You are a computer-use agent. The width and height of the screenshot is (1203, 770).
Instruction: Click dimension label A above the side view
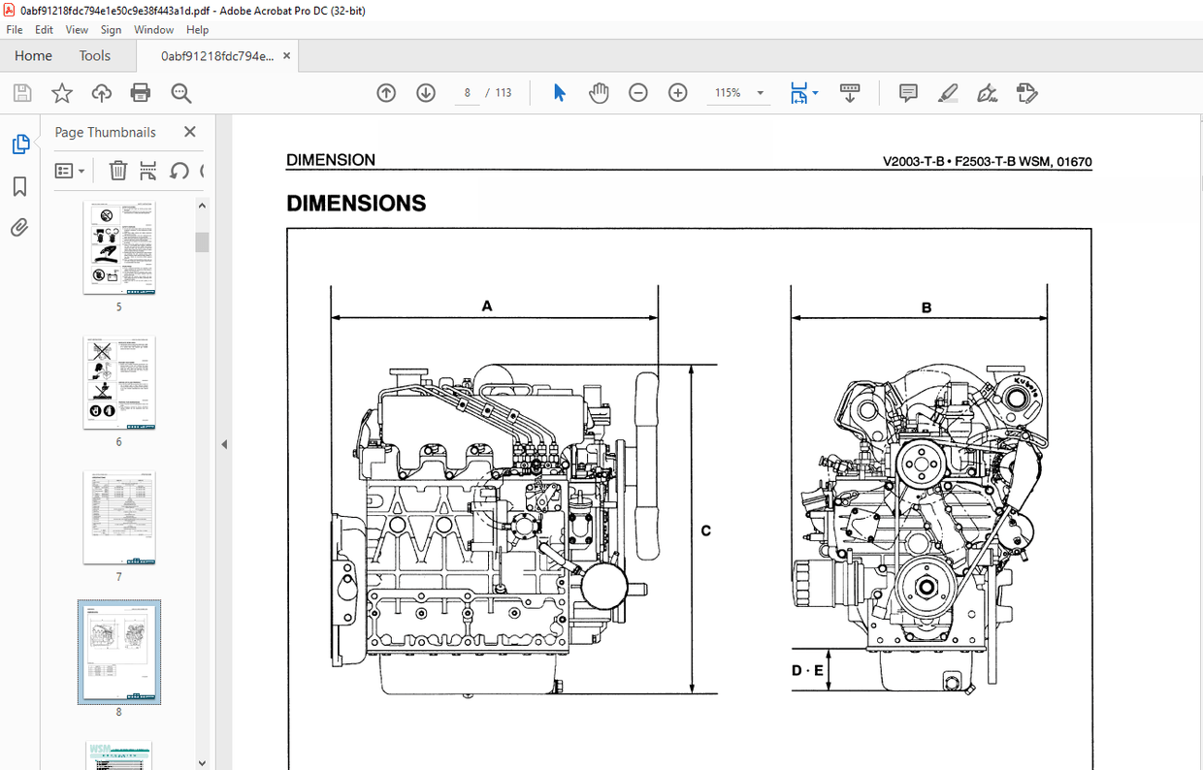(x=487, y=306)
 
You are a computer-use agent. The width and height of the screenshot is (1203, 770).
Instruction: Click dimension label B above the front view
(x=927, y=307)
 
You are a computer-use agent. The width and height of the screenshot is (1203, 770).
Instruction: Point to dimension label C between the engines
(x=705, y=530)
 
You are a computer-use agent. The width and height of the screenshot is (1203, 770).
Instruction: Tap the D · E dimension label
(x=806, y=670)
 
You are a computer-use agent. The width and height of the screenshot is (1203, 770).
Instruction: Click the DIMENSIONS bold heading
(x=356, y=204)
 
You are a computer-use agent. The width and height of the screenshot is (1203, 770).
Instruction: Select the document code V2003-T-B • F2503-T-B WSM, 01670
(x=987, y=162)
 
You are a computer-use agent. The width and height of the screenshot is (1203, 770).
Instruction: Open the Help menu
(x=197, y=30)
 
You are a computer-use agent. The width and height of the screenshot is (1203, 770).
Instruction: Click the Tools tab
(x=94, y=56)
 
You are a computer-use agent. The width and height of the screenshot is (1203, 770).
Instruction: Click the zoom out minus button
(x=637, y=93)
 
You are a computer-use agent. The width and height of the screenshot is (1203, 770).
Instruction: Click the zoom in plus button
(x=677, y=93)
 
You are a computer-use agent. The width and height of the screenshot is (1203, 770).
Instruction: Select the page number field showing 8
(x=467, y=93)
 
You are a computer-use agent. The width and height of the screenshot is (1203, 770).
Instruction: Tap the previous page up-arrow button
(x=386, y=93)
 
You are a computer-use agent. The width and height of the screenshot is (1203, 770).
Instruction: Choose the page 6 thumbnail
(x=119, y=383)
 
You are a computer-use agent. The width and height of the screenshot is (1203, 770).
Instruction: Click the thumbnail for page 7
(x=119, y=518)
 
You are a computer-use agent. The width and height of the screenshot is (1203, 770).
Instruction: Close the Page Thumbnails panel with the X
(x=189, y=132)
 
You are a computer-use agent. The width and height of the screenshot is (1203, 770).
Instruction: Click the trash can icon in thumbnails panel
(x=117, y=171)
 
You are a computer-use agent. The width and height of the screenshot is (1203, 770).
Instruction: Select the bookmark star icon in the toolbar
(x=62, y=93)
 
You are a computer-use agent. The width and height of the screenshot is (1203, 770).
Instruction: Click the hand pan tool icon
(x=599, y=93)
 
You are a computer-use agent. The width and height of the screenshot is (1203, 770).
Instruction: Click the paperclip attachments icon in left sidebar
(x=19, y=228)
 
